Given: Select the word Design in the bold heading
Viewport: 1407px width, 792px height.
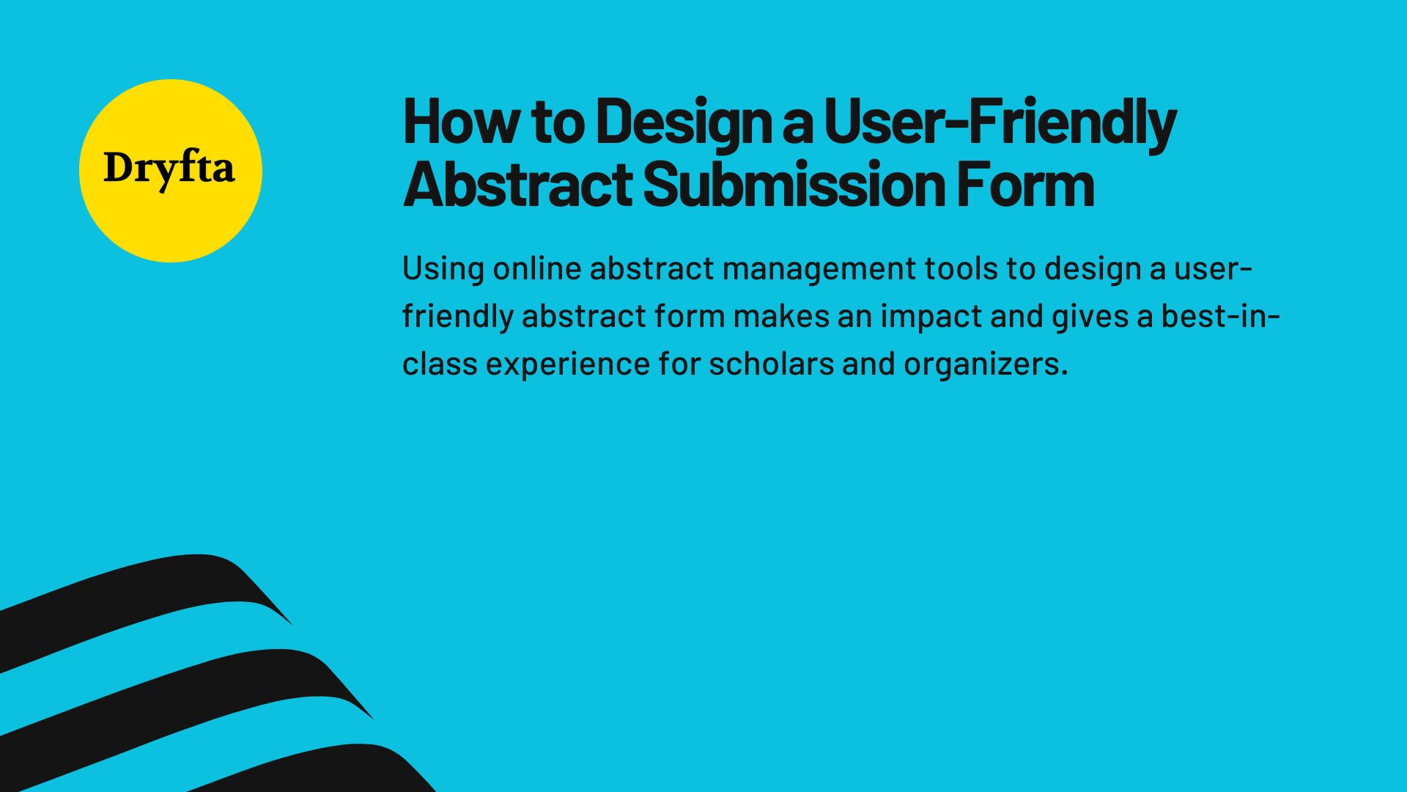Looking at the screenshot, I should point(683,122).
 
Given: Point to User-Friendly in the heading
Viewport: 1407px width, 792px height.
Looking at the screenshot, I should point(1000,122).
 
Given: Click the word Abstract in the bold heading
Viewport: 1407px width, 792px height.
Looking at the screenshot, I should point(517,184).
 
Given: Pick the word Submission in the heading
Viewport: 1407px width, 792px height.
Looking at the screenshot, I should point(794,184).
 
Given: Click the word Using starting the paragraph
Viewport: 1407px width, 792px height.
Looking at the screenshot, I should point(443,268).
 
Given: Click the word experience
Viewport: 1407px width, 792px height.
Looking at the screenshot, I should point(568,364).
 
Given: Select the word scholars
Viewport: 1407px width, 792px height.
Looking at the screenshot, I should point(771,364).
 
